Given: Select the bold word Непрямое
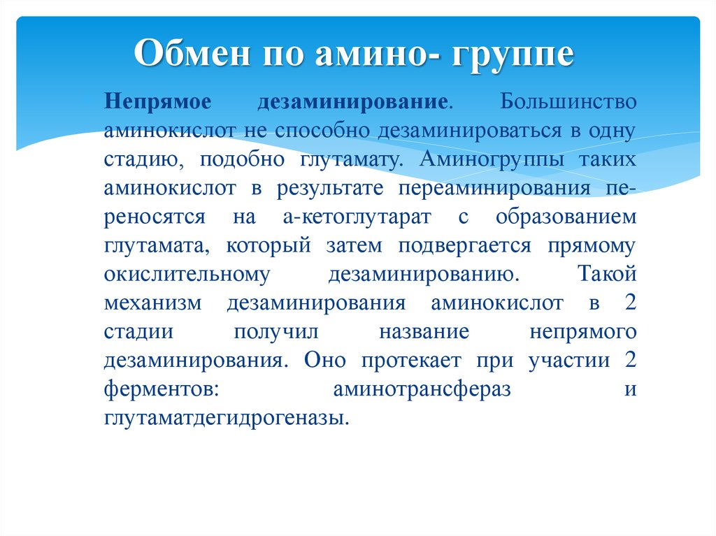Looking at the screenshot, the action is tap(157, 102).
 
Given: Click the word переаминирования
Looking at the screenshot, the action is tap(494, 189).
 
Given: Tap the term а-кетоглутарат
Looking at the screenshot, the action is tap(357, 217).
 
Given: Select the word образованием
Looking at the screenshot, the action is tap(566, 217).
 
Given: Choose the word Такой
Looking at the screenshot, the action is tap(607, 273).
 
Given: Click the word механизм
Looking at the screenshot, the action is tap(152, 303).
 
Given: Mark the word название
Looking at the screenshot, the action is tap(424, 332).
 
